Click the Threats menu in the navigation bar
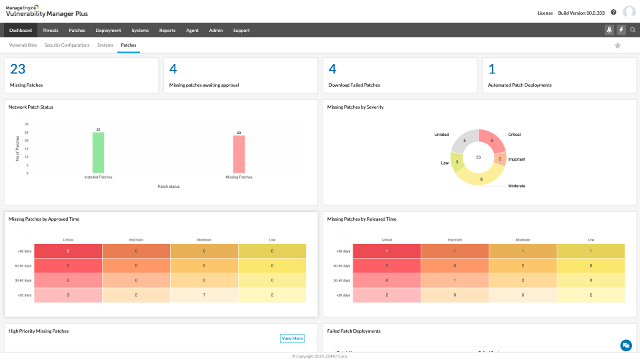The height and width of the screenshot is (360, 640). [50, 30]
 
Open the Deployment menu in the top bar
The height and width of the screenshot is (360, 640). [108, 30]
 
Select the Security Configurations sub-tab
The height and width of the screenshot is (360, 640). [67, 45]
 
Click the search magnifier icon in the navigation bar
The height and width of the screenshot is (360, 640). [633, 30]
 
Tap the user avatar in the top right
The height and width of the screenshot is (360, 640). [629, 12]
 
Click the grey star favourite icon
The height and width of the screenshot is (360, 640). [617, 45]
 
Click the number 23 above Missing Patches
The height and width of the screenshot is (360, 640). [18, 69]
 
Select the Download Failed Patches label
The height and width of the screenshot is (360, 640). [354, 85]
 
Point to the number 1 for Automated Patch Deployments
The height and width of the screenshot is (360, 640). [492, 69]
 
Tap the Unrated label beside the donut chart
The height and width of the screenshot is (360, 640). [441, 134]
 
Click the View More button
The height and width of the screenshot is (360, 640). [292, 338]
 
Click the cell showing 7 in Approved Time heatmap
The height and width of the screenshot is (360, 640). [204, 295]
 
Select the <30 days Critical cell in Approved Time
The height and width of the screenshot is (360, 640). [68, 295]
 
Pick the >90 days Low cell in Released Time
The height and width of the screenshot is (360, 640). [591, 251]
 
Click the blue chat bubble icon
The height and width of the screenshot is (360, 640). [625, 345]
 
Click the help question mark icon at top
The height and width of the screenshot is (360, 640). [613, 12]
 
